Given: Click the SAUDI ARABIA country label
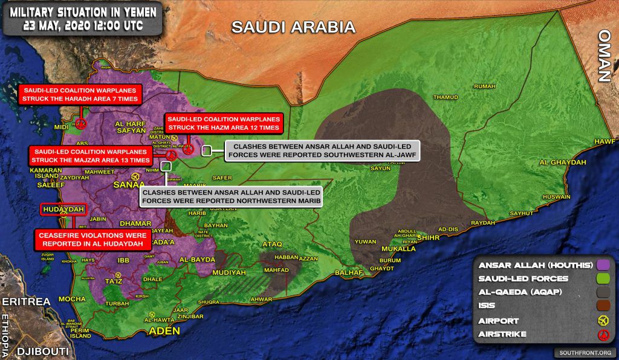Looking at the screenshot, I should (x=293, y=27).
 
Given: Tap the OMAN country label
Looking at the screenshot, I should (x=604, y=55).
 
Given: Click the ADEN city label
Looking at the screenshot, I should (x=164, y=331).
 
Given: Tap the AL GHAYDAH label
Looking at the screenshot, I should (x=563, y=162).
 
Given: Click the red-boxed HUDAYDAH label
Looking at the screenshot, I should (x=63, y=210).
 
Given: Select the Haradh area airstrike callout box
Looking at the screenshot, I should (x=79, y=94).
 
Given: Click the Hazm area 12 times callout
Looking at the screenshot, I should (x=223, y=123).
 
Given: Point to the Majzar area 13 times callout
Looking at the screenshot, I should (x=91, y=156).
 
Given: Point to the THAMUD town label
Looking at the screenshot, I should (x=446, y=97).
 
